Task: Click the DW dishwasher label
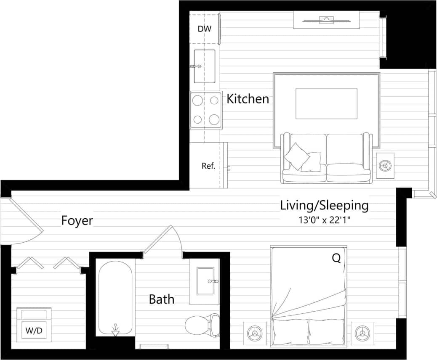coord(204,29)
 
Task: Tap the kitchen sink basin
coord(205,66)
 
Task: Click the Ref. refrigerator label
coord(208,166)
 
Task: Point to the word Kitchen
coord(248,99)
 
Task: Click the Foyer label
coord(77,220)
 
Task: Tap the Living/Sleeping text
coord(324,206)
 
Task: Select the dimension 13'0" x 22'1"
coord(324,220)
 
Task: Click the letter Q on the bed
coord(336,258)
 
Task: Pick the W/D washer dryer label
coord(34,331)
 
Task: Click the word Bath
coord(162,299)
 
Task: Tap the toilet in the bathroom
coord(203,325)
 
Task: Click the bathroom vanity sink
coord(205,281)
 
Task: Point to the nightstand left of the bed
coord(255,334)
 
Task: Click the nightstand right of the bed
coord(362,334)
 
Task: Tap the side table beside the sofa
coord(385,165)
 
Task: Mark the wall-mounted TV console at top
coord(326,20)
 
